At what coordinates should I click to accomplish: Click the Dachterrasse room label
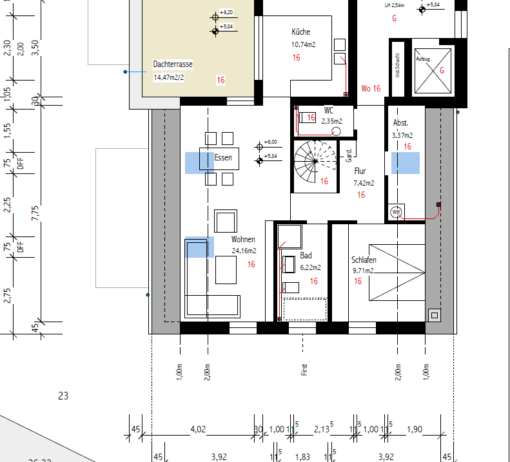pos(173,64)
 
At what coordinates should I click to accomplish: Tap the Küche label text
pos(300,32)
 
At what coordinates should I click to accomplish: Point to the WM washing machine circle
pos(396,212)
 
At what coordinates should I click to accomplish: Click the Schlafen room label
pos(364,260)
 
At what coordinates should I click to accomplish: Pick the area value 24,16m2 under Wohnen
pos(244,251)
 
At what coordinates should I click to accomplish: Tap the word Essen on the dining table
pos(223,158)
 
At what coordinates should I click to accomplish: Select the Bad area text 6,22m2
pos(310,267)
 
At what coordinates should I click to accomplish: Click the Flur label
pos(360,171)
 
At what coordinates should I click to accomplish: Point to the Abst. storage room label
pos(400,122)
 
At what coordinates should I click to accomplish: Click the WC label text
pos(329,110)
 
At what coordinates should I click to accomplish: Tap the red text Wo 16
pos(371,88)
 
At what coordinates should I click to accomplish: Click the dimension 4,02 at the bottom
pos(197,430)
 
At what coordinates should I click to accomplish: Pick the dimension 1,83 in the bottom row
pos(302,457)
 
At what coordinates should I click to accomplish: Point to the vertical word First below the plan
pos(304,369)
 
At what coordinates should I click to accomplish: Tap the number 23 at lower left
pos(63,396)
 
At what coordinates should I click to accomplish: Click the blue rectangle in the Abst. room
pos(406,163)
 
